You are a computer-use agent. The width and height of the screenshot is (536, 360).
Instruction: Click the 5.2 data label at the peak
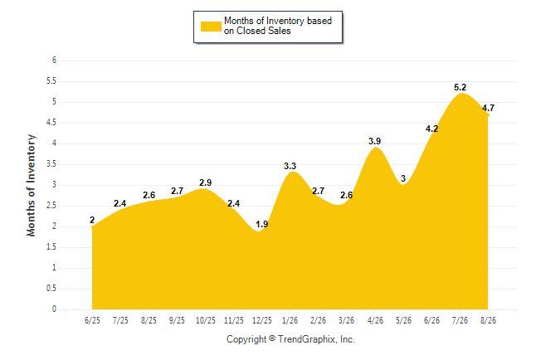pos(460,88)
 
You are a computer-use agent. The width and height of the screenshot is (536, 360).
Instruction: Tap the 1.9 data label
pos(262,224)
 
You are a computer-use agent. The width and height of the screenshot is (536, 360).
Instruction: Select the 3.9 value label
pos(375,141)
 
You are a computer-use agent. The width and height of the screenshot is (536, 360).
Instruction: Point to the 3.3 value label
pos(290,166)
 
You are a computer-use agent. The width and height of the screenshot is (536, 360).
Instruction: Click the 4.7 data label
pos(488,108)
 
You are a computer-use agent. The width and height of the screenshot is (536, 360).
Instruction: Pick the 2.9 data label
pos(206,182)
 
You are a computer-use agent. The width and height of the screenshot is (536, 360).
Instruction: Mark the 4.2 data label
pos(431,129)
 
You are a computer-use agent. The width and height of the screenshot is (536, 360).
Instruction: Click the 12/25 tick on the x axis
pos(262,320)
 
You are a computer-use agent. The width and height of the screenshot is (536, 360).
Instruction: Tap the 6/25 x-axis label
pos(92,320)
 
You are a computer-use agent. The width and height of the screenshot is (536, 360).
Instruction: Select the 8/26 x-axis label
pos(488,320)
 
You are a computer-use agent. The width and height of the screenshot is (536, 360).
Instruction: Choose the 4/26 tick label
pos(375,320)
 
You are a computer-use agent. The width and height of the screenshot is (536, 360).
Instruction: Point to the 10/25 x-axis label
pos(206,320)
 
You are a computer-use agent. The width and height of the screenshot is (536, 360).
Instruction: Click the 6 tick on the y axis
pos(54,61)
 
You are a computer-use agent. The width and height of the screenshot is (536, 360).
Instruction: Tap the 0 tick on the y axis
pos(54,309)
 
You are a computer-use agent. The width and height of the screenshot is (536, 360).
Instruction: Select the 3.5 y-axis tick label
pos(51,164)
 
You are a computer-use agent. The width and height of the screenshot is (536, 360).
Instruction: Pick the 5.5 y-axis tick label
pos(51,81)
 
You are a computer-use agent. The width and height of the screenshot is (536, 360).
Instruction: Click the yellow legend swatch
pos(211,27)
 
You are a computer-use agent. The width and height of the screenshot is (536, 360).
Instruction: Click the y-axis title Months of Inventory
pos(31,185)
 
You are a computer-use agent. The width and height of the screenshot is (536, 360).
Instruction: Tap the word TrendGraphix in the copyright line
pos(307,339)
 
